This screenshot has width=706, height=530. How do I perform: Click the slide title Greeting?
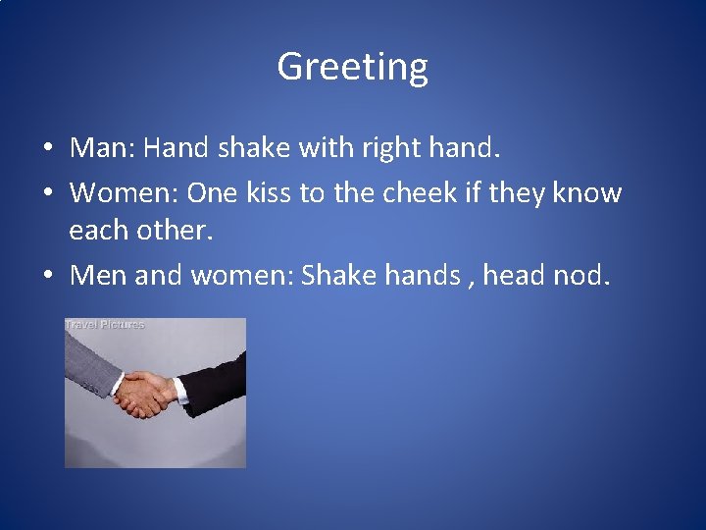click(352, 67)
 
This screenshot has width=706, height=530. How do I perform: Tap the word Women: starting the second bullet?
click(124, 192)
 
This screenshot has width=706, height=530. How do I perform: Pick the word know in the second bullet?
click(587, 192)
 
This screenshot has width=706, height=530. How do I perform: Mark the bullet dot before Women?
click(48, 194)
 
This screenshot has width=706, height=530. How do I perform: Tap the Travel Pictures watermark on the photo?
click(105, 324)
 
